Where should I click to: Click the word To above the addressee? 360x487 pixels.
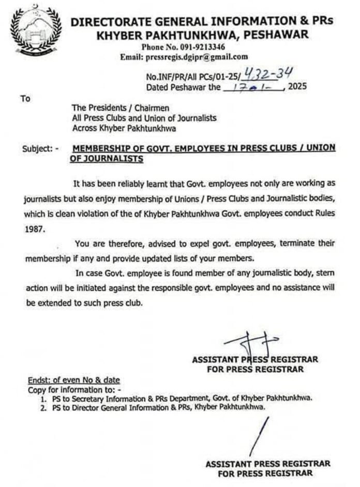click(25, 98)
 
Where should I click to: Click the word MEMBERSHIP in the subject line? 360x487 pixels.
click(97, 148)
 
